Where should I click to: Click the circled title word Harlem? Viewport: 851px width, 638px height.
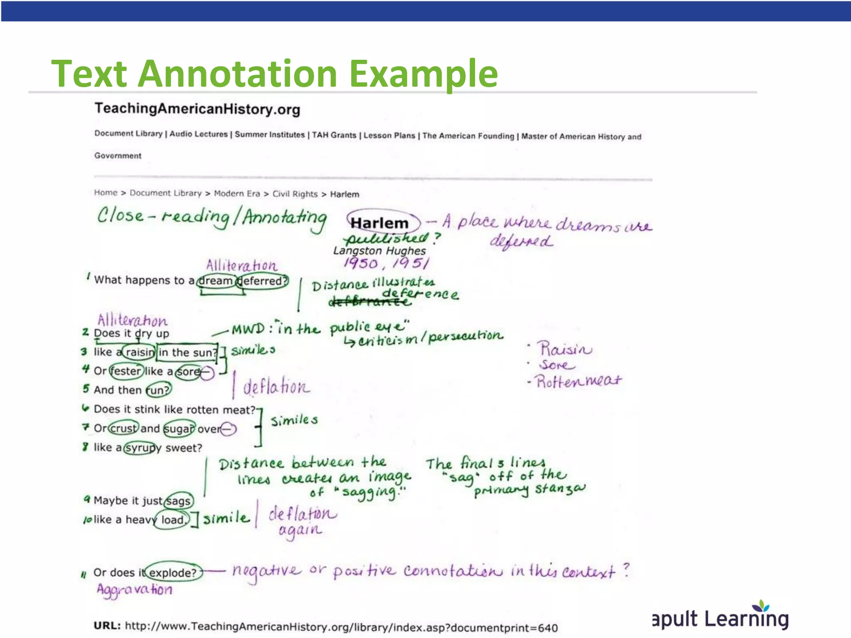(379, 223)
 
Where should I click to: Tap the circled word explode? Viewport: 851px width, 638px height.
(173, 573)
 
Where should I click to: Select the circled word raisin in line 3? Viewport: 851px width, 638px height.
(140, 352)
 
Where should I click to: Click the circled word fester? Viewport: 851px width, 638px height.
(127, 371)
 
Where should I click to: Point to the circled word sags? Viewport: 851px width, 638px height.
(179, 501)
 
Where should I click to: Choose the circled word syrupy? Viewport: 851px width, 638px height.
(143, 448)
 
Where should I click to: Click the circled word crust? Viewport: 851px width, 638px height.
(123, 428)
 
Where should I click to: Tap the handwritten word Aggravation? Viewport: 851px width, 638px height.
(134, 590)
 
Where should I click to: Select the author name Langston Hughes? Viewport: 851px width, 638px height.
(379, 251)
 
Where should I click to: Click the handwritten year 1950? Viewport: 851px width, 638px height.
(361, 263)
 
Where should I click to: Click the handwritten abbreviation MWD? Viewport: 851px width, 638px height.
(248, 329)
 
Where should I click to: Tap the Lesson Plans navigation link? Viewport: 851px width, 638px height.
(389, 135)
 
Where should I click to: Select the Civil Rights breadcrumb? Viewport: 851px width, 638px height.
(295, 194)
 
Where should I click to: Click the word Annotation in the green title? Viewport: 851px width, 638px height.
(238, 74)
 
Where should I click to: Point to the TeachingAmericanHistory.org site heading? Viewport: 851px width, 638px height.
(197, 109)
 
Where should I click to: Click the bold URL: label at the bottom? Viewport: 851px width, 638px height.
(107, 626)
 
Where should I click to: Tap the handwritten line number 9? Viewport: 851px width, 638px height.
(87, 499)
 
